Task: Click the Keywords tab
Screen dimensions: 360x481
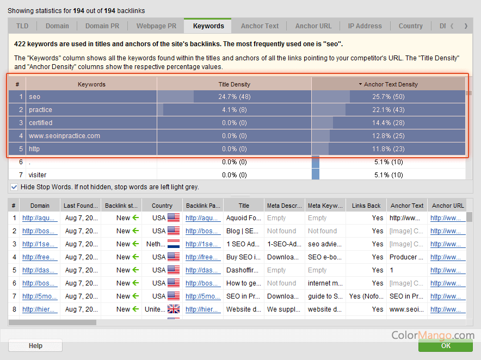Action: click(208, 26)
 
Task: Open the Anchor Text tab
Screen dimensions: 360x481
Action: click(260, 26)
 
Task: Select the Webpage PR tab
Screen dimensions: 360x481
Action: click(156, 26)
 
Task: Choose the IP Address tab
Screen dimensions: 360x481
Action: click(365, 26)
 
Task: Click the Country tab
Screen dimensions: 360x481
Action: click(410, 26)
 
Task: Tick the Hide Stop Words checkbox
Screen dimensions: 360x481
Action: click(14, 187)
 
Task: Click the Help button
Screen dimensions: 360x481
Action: click(35, 346)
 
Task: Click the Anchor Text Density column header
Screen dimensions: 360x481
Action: click(388, 84)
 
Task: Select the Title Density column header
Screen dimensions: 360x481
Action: click(234, 84)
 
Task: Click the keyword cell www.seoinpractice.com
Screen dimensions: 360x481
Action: click(64, 136)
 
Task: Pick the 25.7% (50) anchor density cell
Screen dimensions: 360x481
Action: click(388, 97)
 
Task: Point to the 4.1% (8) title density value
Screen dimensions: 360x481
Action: click(234, 110)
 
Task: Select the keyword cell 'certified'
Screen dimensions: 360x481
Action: click(41, 123)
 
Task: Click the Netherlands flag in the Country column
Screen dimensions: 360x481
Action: click(174, 244)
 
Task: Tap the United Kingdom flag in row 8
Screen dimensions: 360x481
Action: click(174, 309)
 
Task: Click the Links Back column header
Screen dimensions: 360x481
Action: click(366, 206)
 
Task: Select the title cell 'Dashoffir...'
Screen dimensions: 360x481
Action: click(244, 270)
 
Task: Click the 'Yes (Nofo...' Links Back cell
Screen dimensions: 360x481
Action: click(366, 296)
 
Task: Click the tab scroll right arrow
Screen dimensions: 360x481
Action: click(466, 26)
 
